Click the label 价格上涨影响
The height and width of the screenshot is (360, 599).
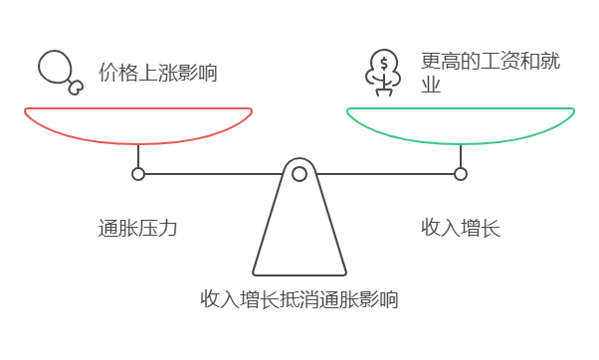[157, 73]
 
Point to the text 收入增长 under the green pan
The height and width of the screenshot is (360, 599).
[460, 228]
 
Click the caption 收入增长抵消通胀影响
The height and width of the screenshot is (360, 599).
[299, 298]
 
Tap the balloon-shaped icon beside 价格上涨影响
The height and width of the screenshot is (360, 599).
[56, 68]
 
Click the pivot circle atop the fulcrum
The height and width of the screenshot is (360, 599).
[299, 174]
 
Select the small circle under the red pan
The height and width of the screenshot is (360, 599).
[138, 174]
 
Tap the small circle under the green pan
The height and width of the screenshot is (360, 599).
[461, 174]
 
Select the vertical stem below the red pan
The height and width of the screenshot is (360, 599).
[138, 156]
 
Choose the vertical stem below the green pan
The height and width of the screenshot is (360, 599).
[461, 156]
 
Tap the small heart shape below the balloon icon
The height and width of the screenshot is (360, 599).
[75, 88]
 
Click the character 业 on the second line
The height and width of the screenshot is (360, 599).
[431, 86]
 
